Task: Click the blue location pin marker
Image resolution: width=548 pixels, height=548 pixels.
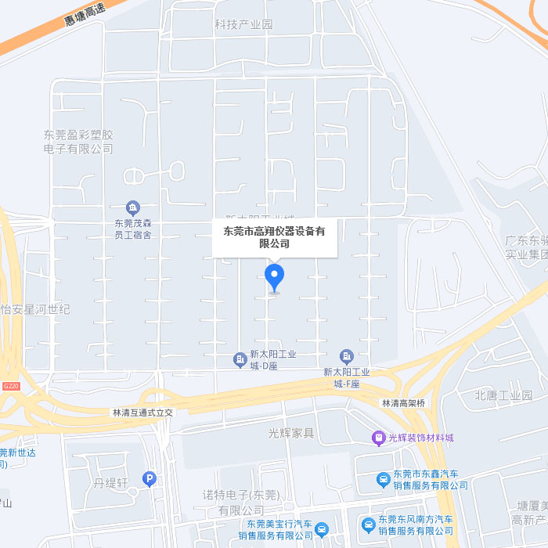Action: [x=274, y=276]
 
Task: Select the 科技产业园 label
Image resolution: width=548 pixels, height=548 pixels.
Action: [x=243, y=24]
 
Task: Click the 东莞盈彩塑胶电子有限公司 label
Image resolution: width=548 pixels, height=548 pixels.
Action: [x=78, y=142]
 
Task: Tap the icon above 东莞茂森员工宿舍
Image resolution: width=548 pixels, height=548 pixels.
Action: [x=133, y=207]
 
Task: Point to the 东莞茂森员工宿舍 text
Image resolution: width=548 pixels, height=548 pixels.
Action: [x=133, y=229]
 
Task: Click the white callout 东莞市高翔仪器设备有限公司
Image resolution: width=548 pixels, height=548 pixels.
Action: [x=275, y=237]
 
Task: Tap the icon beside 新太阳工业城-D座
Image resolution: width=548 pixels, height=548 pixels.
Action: [x=240, y=359]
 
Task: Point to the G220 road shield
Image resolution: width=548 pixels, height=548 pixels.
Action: [x=10, y=387]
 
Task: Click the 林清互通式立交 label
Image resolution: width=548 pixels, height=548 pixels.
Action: [x=142, y=412]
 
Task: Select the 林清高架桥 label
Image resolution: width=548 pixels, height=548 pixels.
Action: [x=403, y=403]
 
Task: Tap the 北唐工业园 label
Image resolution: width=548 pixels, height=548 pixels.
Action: [x=503, y=395]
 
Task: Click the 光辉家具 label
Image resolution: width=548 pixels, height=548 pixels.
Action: [x=290, y=433]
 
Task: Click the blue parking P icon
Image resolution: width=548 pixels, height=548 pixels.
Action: [x=150, y=478]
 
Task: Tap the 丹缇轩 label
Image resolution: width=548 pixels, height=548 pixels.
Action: [x=111, y=483]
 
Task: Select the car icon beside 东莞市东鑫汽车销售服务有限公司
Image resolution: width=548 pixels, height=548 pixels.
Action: [x=383, y=479]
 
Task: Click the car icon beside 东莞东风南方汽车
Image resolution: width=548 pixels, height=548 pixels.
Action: [x=368, y=525]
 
